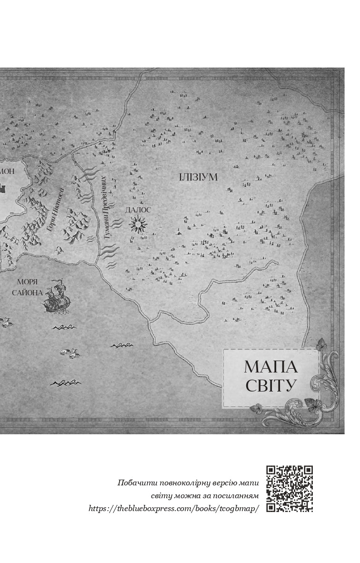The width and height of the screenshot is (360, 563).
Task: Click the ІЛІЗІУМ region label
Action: [198, 178]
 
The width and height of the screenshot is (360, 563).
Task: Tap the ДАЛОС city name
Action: [138, 210]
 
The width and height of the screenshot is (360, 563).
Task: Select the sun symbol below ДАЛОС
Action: [138, 223]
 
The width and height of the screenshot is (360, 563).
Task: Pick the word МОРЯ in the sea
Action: [27, 281]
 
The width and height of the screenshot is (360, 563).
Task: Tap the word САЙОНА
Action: [27, 292]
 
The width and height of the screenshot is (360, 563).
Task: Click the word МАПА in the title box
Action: [270, 367]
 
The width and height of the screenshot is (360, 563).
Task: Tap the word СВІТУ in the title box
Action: [270, 385]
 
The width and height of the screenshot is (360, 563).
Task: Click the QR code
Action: [290, 488]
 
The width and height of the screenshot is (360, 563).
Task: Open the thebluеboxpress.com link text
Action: [174, 508]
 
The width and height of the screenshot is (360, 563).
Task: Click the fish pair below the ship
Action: [70, 353]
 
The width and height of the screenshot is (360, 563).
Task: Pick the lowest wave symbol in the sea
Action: [65, 382]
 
